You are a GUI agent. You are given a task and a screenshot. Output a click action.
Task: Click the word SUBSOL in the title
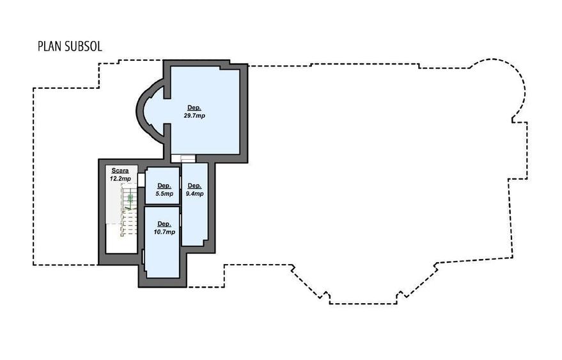[x=84, y=47]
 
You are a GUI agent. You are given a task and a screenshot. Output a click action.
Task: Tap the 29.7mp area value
[x=194, y=116]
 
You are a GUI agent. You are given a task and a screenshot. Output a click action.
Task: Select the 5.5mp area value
[x=164, y=194]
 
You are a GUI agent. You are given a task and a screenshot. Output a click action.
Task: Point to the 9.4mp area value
[x=194, y=194]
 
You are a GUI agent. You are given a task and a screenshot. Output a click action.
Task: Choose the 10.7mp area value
[x=164, y=232]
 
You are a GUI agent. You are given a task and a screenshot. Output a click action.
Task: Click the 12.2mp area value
[x=120, y=178]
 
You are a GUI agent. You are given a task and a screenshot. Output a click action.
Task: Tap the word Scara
[x=120, y=171]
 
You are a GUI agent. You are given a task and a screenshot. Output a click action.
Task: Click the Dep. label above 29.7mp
[x=194, y=108]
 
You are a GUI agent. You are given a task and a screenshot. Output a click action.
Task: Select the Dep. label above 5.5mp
[x=164, y=185]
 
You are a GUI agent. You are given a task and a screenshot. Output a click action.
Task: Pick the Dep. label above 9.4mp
[x=194, y=185]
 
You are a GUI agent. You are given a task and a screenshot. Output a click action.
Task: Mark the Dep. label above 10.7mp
[x=164, y=224]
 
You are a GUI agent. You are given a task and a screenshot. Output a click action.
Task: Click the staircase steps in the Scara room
[x=129, y=210]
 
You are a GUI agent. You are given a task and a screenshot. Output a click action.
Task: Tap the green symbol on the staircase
[x=130, y=198]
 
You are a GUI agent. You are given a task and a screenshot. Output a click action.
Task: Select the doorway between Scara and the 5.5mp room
[x=141, y=180]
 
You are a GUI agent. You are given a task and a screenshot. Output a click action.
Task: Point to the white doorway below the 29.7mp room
[x=183, y=159]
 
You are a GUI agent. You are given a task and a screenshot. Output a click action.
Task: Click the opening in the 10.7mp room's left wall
[x=143, y=257]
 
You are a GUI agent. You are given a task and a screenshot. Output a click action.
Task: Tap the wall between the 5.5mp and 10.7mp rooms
[x=162, y=205]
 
